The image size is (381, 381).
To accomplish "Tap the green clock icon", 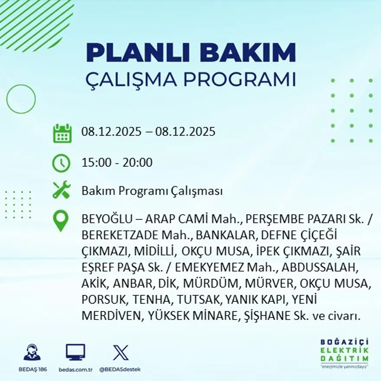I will tap(61, 163).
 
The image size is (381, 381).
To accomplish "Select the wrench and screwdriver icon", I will tap(61, 190).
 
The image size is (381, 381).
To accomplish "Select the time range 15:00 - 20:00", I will tap(117, 163).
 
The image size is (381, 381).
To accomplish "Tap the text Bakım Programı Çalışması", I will tap(152, 191).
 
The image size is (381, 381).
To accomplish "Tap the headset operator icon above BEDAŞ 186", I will tap(32, 352).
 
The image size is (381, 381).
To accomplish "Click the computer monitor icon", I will tap(75, 352).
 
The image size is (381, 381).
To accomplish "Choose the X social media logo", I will tap(120, 352).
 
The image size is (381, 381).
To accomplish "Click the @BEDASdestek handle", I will tap(120, 369).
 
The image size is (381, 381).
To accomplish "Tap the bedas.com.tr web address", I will tap(75, 369).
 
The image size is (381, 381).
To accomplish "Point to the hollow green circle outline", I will tap(21, 99).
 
